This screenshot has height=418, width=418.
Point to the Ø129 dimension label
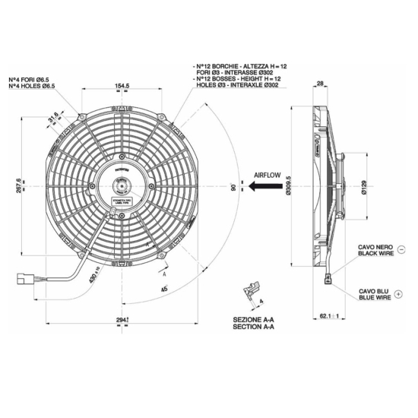[x=365, y=185]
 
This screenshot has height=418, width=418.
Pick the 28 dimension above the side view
[x=320, y=85]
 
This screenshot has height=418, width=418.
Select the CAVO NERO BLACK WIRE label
[x=375, y=251]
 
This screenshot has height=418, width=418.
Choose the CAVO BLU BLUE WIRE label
[x=374, y=296]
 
